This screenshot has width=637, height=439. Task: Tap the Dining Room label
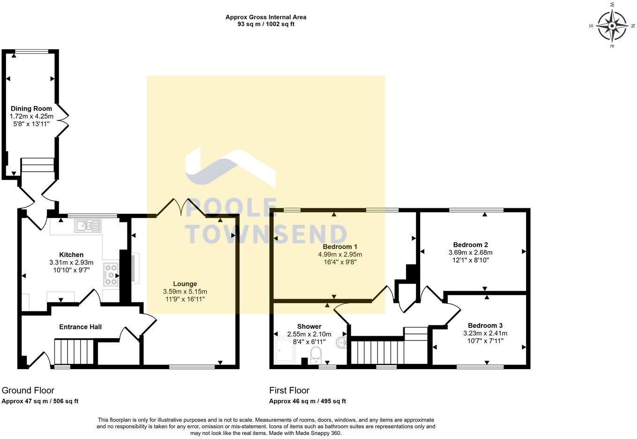(31, 109)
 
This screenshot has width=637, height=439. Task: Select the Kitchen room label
(71, 255)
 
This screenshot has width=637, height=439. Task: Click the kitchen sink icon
(87, 226)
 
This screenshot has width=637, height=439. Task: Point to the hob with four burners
(111, 274)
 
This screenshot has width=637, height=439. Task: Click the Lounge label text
(185, 284)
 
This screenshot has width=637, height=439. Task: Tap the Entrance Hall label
(80, 327)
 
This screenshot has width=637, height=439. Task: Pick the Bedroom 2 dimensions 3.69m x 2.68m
(471, 252)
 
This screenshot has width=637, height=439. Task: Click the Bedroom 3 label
(485, 325)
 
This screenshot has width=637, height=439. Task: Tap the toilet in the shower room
(317, 355)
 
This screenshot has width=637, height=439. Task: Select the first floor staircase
(378, 352)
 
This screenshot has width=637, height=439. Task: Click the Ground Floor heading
(28, 390)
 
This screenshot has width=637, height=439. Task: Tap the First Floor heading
(289, 390)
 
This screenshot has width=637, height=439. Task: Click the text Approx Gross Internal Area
(266, 17)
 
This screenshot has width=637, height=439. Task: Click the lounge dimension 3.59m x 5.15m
(185, 292)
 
